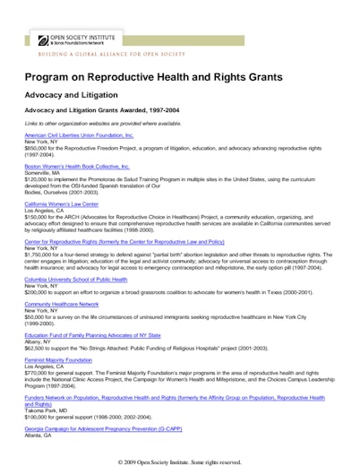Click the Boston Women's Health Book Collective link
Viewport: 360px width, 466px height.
tap(77, 166)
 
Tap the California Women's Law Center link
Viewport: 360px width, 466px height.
tap(67, 203)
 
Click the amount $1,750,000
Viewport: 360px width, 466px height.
tap(40, 255)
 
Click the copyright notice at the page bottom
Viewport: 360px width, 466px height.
tap(179, 462)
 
